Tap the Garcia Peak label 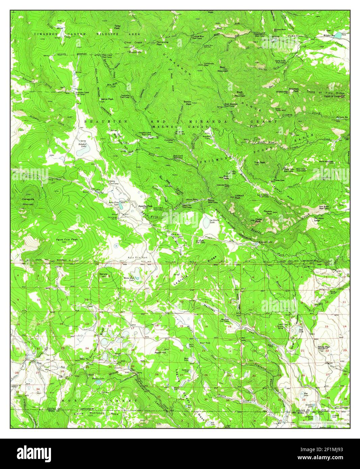107,99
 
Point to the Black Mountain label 240,94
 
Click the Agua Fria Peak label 67,240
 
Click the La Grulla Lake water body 205,222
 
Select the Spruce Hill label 103,275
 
